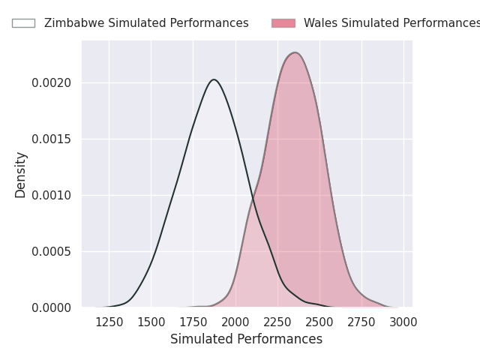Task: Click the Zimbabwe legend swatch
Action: point(23,23)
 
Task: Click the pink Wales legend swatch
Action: point(283,23)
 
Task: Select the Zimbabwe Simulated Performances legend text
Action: point(146,23)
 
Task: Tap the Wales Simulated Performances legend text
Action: point(391,23)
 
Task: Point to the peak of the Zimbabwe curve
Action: point(214,79)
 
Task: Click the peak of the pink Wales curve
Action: point(295,52)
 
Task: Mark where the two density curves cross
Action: point(253,199)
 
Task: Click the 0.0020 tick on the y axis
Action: point(52,83)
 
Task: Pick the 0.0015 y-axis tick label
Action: point(52,139)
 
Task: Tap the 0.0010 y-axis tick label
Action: point(52,195)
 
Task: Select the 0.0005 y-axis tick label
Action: point(52,252)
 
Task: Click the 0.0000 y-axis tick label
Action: point(52,307)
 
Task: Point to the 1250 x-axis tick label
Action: point(109,322)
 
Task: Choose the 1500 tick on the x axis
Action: point(151,322)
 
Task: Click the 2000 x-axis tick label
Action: point(235,322)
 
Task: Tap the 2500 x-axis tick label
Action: point(319,322)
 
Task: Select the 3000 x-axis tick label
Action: point(403,322)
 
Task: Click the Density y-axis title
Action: point(20,175)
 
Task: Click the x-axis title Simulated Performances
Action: point(247,339)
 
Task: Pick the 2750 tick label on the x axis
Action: point(361,322)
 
